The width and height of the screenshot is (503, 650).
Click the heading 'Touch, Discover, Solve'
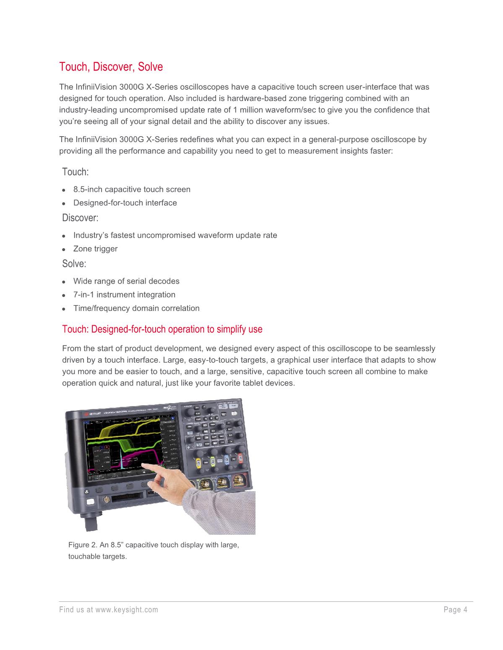tap(111, 67)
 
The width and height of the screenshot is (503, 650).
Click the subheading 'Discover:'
tap(80, 218)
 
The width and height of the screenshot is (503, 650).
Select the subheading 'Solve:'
tap(74, 264)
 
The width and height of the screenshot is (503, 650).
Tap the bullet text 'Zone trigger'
tap(95, 249)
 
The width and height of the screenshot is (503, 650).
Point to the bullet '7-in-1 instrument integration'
tap(124, 295)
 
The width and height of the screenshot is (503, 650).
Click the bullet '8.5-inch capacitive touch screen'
tap(132, 189)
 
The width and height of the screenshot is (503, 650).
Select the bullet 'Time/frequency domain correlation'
tap(136, 308)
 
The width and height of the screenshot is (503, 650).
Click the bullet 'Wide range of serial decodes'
tap(126, 281)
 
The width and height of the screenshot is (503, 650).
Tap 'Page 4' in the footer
tap(456, 610)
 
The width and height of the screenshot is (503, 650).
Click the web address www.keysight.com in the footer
tap(127, 610)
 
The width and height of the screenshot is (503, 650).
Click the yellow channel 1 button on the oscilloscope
tap(198, 462)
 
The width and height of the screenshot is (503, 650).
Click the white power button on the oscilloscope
tap(90, 502)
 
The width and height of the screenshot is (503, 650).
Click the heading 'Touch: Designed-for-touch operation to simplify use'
tap(162, 329)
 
